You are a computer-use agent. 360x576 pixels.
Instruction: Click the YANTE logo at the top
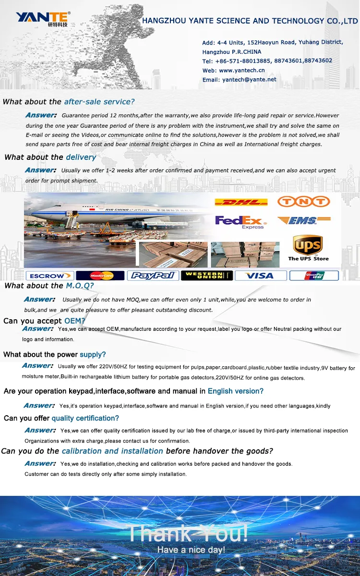[43, 18]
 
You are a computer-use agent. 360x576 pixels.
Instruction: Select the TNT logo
[304, 202]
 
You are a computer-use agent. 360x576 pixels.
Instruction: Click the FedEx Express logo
[240, 222]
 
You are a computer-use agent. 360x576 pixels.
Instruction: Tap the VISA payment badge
[260, 276]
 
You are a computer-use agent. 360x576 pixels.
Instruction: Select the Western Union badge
[207, 276]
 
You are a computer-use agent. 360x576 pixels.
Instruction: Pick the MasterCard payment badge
[100, 276]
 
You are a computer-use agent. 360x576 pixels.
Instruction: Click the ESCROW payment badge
[49, 276]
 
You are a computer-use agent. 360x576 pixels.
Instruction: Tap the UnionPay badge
[314, 276]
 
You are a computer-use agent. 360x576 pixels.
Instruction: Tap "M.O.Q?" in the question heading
[80, 286]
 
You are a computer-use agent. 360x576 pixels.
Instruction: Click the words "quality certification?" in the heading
[85, 418]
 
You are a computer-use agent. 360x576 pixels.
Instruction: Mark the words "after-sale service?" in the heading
[99, 102]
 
